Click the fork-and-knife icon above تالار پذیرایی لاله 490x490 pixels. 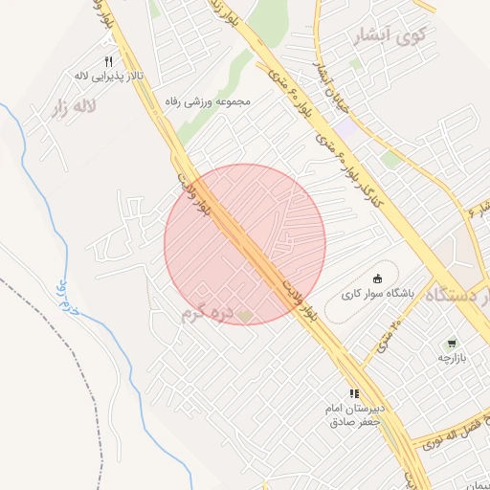coord(108,62)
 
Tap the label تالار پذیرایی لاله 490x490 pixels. coord(109,75)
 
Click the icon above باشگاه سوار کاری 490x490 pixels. coord(375,278)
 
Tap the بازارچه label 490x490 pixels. coord(451,357)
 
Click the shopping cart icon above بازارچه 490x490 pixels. coord(451,343)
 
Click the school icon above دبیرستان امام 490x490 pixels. coord(354,392)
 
